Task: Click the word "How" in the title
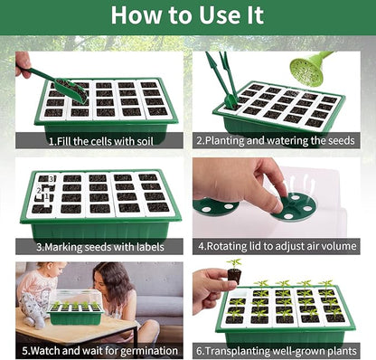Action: pos(138,15)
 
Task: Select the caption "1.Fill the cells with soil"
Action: pos(97,141)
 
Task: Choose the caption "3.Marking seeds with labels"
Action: pos(98,246)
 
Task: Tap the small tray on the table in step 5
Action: pos(75,310)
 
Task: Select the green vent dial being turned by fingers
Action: pos(296,208)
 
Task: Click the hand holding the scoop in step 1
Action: pos(23,63)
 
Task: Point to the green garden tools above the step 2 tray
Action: pos(224,77)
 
